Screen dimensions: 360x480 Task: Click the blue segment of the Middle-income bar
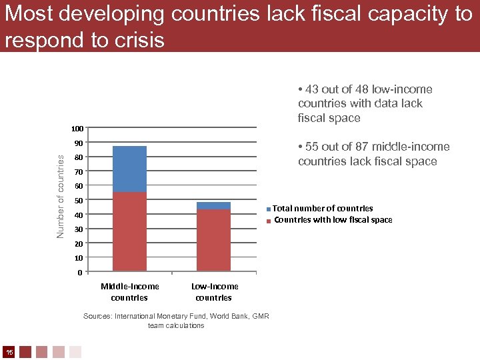(x=129, y=169)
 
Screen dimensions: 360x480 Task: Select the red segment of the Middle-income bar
(x=129, y=231)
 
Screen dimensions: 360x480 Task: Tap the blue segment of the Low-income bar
(x=213, y=206)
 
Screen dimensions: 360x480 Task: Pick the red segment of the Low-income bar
(x=213, y=240)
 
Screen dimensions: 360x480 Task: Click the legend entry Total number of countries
(x=322, y=209)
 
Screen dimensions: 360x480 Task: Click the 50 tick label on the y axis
(x=78, y=201)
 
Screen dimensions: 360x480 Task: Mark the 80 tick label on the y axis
(x=78, y=157)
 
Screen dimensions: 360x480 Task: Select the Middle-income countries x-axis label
(x=129, y=292)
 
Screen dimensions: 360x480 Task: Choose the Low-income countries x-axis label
(x=214, y=292)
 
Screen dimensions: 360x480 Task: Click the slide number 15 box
(x=9, y=351)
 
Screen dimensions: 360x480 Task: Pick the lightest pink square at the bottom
(x=75, y=351)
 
